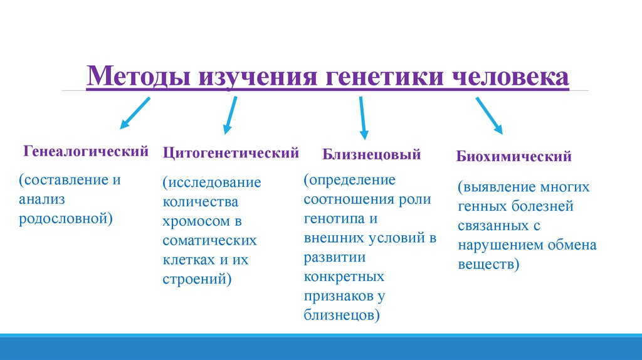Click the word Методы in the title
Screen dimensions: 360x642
(139, 78)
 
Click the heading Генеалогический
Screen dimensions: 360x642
(87, 151)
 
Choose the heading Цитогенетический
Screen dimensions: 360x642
(231, 152)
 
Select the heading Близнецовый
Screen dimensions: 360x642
(372, 154)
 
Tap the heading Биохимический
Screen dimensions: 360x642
(513, 156)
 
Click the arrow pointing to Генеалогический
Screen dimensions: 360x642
(135, 113)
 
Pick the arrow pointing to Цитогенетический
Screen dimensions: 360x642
(229, 115)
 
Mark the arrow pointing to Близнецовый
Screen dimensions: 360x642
(362, 117)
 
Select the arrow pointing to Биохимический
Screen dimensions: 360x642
(490, 115)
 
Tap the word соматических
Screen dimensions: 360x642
(209, 241)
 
